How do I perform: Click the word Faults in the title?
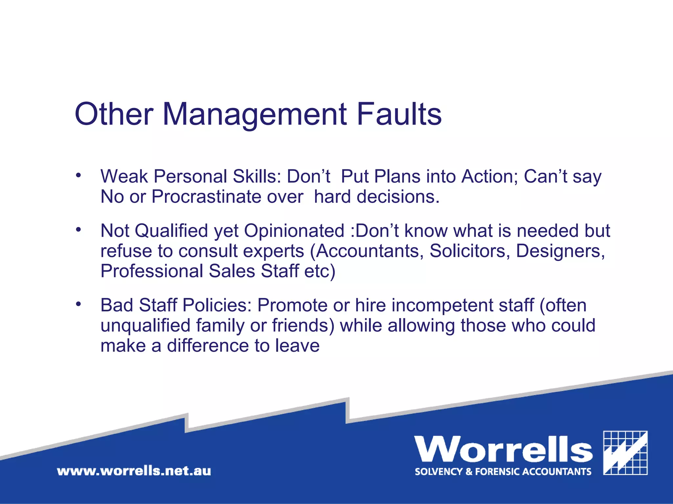(x=399, y=114)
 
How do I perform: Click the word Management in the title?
(x=255, y=114)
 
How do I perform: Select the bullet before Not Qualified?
(x=78, y=229)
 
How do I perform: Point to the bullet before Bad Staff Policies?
(x=78, y=304)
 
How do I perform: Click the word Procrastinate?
(x=206, y=197)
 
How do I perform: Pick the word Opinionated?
(x=294, y=231)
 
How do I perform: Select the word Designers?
(x=560, y=251)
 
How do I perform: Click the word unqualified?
(x=145, y=326)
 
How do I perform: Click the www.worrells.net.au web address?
(x=134, y=471)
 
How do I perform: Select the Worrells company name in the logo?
(x=503, y=449)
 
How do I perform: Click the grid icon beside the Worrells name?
(x=625, y=453)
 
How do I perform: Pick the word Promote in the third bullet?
(x=292, y=305)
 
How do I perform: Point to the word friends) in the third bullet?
(x=303, y=326)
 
